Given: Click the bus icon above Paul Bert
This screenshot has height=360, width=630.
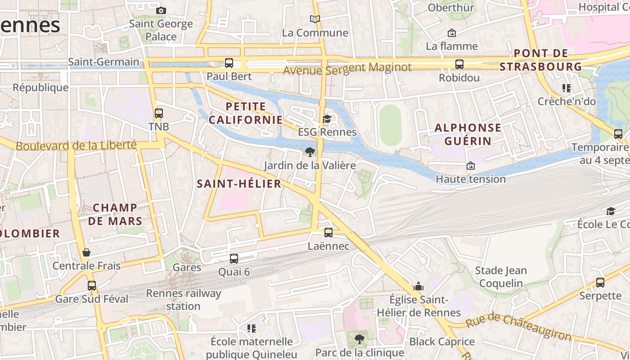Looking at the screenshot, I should click(229, 63).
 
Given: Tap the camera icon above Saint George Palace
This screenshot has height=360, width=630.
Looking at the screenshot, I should click(161, 10).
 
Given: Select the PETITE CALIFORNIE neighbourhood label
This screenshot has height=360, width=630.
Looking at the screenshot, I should click(246, 113).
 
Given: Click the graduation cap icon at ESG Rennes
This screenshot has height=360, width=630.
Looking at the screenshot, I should click(327, 119).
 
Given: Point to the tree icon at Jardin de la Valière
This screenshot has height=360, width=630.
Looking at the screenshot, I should click(310, 152).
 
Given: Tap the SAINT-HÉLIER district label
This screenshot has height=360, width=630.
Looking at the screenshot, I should click(239, 184).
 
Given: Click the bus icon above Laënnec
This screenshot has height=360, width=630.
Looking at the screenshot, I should click(328, 233).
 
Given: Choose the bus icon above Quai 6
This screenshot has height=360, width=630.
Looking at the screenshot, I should click(234, 259).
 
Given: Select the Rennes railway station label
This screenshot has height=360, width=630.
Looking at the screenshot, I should click(184, 300).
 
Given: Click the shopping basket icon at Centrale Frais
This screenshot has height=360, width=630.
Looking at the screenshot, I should click(86, 252).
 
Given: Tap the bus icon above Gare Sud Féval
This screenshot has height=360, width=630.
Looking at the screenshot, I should click(92, 286).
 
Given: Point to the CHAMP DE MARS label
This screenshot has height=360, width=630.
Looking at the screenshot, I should click(115, 214).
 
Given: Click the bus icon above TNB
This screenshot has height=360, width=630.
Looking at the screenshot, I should click(158, 113).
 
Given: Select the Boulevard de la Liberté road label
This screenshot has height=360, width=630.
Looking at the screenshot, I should click(76, 145).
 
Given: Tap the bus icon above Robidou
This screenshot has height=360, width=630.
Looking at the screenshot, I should click(459, 64).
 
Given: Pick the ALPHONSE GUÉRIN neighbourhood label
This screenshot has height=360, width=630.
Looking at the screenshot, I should click(468, 134).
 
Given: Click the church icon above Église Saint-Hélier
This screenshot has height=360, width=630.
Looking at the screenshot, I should click(418, 287).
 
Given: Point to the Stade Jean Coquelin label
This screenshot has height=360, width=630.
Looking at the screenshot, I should click(501, 277).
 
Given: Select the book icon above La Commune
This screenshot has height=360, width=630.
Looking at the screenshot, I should click(315, 19).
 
